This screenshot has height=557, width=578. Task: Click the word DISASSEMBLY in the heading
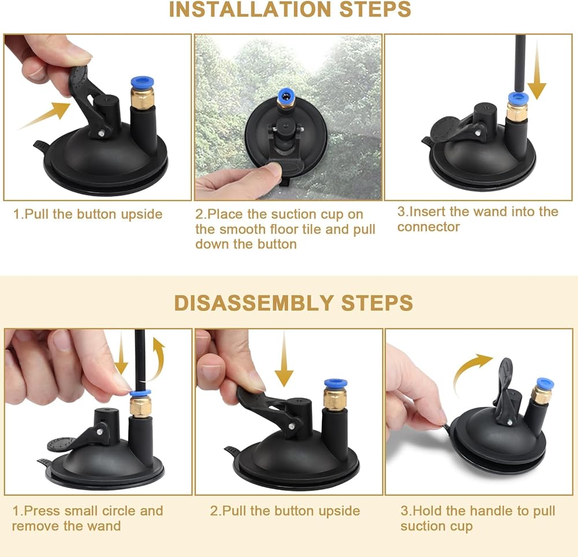(254, 303)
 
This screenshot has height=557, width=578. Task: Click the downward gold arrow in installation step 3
(537, 70)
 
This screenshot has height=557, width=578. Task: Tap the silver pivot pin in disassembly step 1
(100, 430)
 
